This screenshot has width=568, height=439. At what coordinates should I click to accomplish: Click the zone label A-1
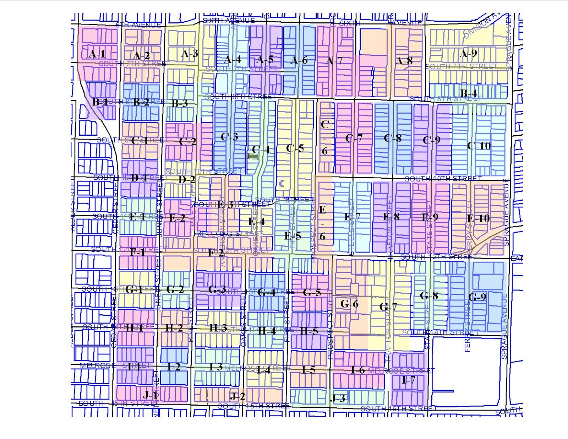point(97,54)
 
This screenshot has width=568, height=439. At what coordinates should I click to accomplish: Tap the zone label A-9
point(468,54)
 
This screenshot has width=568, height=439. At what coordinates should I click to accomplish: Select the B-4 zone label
point(468,93)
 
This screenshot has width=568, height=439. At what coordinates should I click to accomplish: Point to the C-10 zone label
point(479,146)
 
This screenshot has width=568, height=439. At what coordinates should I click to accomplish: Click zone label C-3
point(229,137)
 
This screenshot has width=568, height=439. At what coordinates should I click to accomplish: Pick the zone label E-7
point(352,216)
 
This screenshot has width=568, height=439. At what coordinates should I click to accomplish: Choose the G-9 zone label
point(477,297)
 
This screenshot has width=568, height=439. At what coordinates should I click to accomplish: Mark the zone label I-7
point(408,380)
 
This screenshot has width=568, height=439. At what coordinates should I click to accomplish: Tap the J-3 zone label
point(338,398)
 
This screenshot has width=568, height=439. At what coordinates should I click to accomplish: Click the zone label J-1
point(151,395)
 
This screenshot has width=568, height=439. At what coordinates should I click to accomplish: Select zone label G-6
point(349,304)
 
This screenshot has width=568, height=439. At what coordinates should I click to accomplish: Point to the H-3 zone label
point(218,328)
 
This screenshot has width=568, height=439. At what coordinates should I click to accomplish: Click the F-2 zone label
point(216,253)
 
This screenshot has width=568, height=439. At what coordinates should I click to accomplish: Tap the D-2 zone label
point(187,179)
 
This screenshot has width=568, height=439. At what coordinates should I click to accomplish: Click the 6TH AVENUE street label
point(138,25)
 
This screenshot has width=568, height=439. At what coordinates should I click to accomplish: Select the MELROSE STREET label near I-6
point(401,371)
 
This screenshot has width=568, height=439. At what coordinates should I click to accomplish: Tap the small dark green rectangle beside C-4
point(253,156)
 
